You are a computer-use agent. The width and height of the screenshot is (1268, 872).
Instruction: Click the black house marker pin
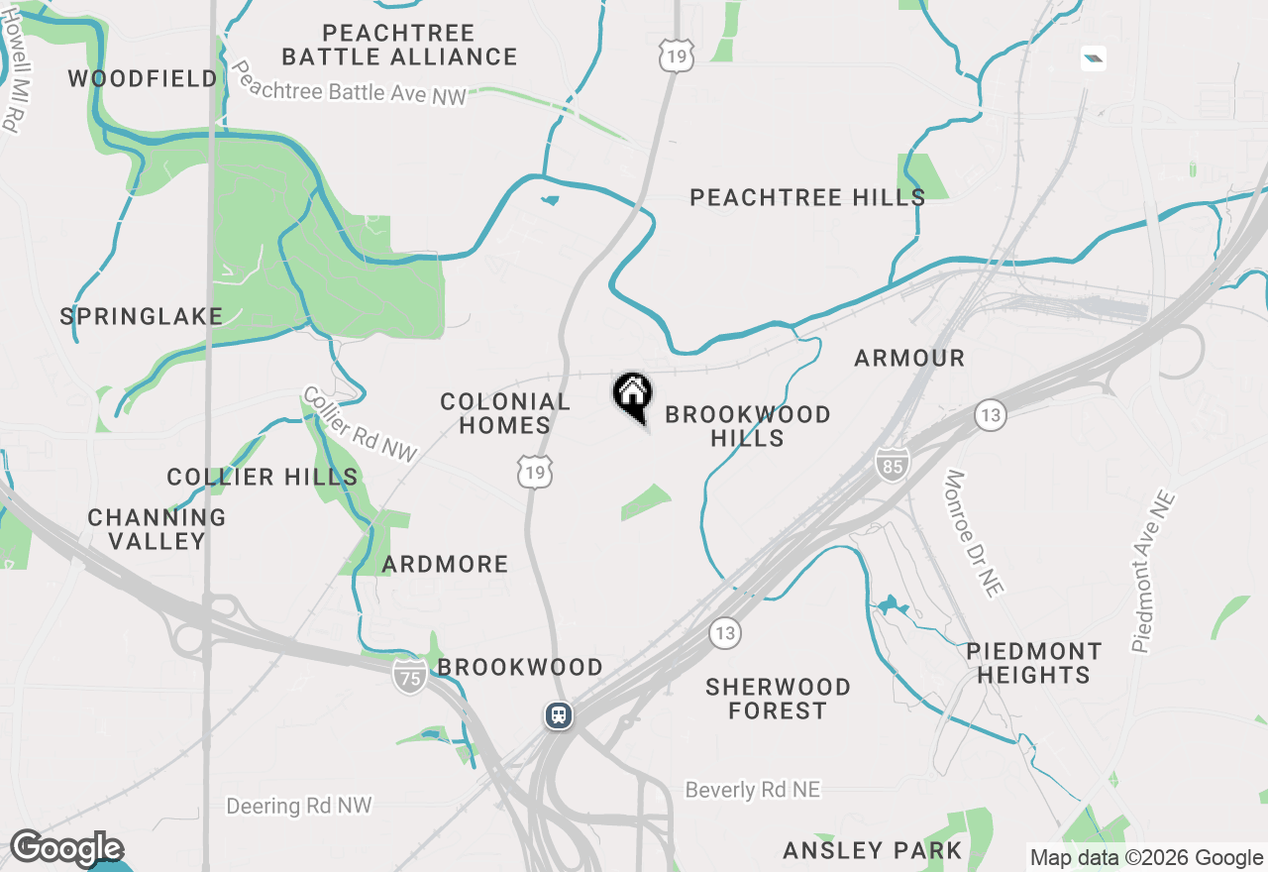coord(632,393)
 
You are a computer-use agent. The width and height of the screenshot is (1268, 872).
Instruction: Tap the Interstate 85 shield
coord(892,463)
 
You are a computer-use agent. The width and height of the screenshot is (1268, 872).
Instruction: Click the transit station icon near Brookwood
coord(559,714)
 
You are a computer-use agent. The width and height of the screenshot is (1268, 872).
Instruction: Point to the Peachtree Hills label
coord(807,197)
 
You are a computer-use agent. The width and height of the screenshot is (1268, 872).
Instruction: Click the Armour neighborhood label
coord(909,358)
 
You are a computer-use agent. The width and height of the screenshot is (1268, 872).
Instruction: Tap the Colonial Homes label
coord(505,413)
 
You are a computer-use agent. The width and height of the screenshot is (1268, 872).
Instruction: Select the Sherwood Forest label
coord(778,699)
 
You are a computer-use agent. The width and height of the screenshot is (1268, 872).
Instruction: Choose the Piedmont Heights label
coord(1033,663)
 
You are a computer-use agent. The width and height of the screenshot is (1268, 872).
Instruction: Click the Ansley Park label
coord(872,850)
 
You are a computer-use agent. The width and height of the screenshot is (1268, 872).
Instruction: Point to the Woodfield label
coord(143,78)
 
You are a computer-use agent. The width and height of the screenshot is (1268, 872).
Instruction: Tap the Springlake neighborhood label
coord(142,316)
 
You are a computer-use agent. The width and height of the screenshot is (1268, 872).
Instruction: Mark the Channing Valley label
coord(157,529)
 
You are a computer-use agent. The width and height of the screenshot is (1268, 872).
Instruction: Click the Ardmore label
coord(446,564)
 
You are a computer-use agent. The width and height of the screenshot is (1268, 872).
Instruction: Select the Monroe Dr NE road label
coord(973,533)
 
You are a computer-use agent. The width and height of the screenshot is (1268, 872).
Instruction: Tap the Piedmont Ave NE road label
coord(1153,572)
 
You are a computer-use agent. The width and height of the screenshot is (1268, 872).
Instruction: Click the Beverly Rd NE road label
coord(753,790)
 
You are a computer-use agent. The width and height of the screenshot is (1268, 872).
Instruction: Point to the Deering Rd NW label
coord(299,806)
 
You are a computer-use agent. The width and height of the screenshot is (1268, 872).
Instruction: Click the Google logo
coord(65,848)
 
